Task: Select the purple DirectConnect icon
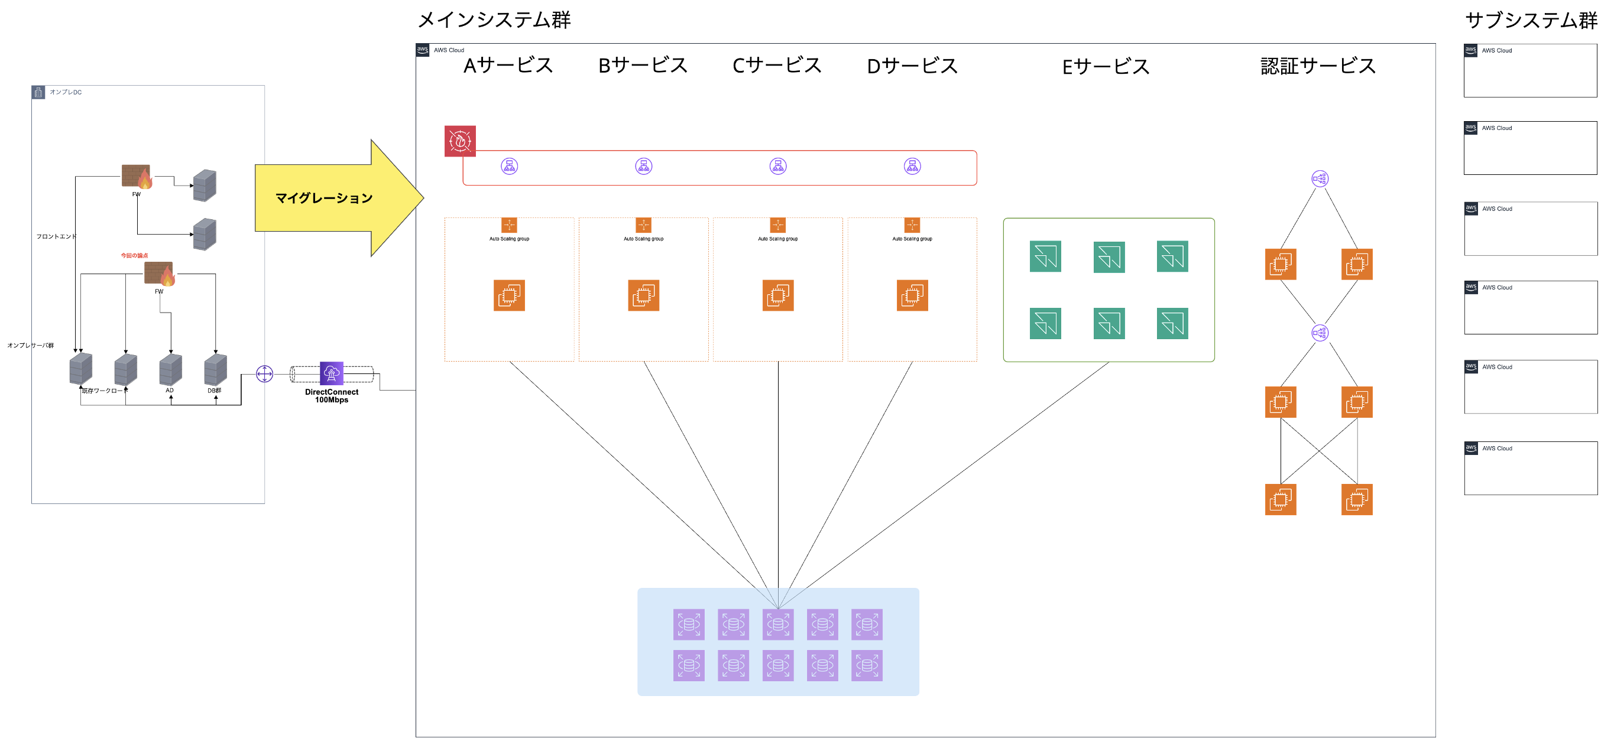[x=332, y=373]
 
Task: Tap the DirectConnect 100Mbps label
[x=332, y=396]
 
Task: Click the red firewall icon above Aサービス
[x=460, y=141]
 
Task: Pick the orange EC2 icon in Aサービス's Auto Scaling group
[x=509, y=295]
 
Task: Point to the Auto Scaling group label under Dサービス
[x=912, y=239]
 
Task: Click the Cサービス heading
[x=776, y=65]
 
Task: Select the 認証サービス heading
[x=1318, y=66]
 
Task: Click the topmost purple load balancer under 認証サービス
[x=1320, y=178]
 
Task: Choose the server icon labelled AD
[x=170, y=369]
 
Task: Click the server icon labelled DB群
[x=216, y=369]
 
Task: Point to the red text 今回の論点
[x=134, y=256]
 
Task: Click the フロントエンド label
[x=56, y=236]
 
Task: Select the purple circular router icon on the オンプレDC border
[x=264, y=374]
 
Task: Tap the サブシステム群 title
[x=1531, y=20]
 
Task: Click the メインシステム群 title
[x=494, y=20]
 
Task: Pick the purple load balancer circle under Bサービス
[x=643, y=166]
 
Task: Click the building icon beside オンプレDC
[x=38, y=93]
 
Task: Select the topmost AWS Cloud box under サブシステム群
[x=1530, y=70]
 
